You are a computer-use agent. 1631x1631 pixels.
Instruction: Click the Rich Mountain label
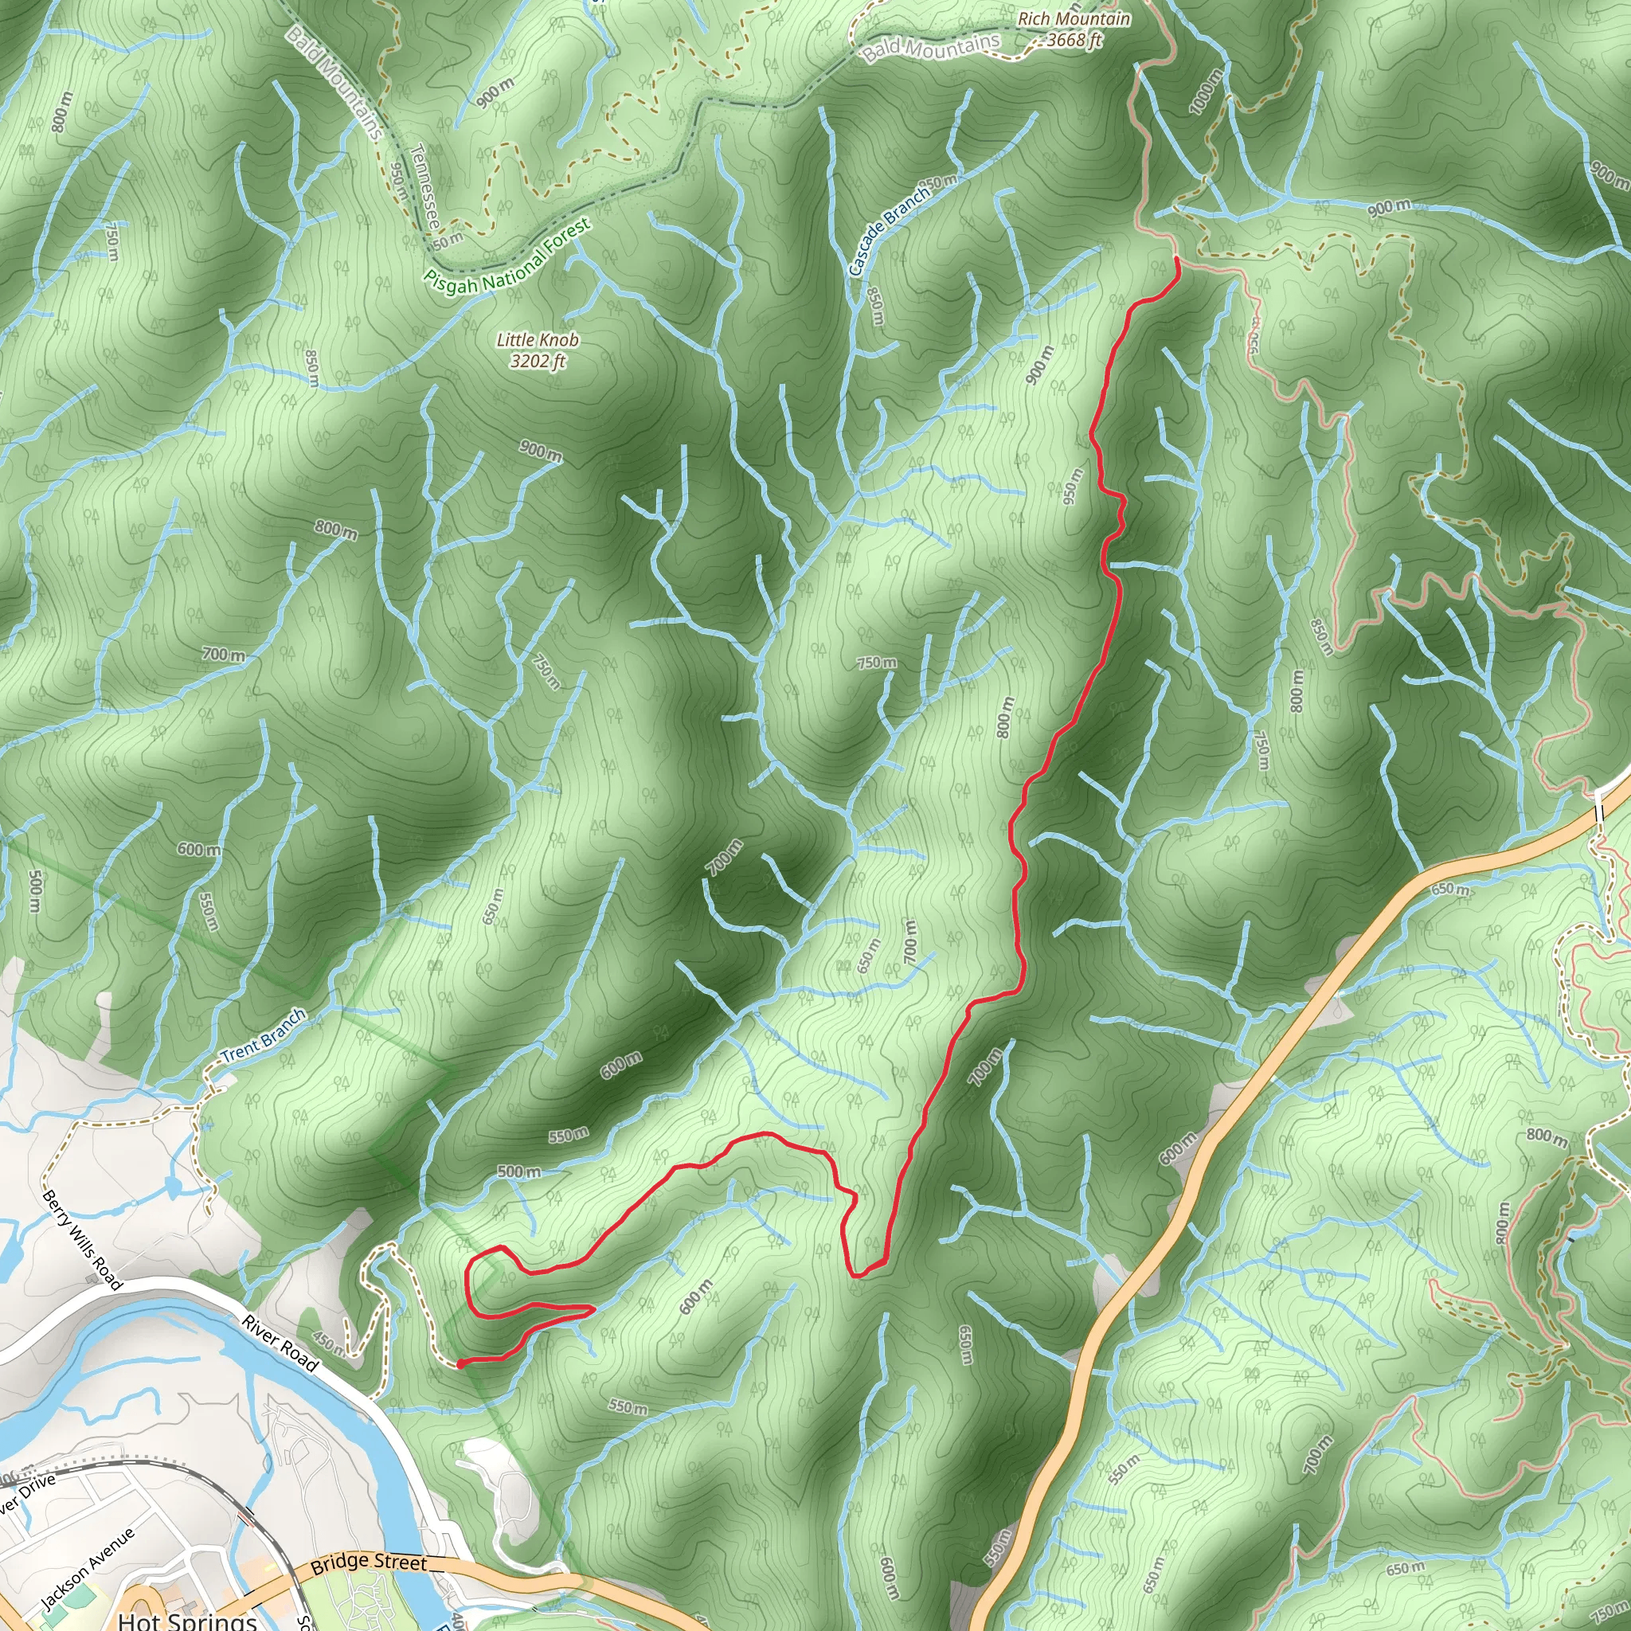[1073, 18]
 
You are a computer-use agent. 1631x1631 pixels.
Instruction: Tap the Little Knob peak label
[538, 340]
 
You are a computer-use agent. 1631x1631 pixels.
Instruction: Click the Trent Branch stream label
[263, 1036]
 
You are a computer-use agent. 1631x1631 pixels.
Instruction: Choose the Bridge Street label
[369, 1563]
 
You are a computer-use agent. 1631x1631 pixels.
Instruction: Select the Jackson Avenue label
[87, 1567]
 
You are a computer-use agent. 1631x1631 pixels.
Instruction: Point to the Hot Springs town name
[187, 1620]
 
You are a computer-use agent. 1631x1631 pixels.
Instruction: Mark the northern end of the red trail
[1177, 260]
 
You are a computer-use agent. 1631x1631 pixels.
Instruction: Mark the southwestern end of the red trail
[460, 1363]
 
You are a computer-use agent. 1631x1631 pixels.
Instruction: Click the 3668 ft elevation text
[1074, 40]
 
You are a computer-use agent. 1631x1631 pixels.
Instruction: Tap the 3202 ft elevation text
[538, 362]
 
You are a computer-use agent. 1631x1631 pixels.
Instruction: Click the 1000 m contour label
[1206, 91]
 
